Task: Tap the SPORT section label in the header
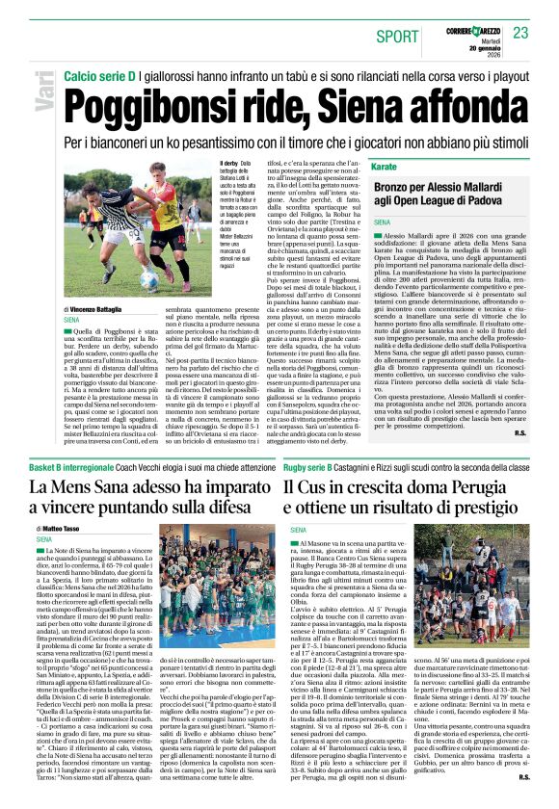397,37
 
